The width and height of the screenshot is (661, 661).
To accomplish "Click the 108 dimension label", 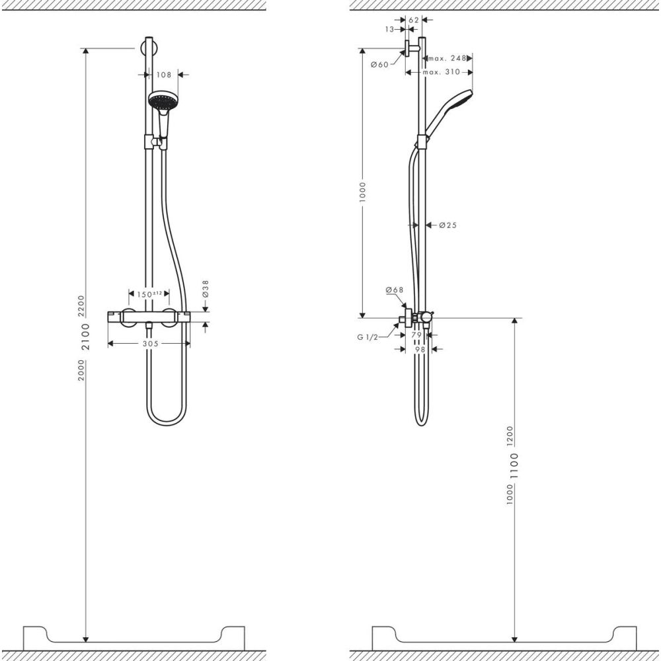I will click(165, 75).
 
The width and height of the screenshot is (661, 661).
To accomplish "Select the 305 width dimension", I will click(149, 343).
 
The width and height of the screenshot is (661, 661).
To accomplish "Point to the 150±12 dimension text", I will click(149, 293).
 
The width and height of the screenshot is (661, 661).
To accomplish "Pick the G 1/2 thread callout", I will click(367, 337).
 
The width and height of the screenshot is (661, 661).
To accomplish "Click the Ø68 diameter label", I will click(395, 290).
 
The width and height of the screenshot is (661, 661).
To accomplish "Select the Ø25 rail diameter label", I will click(448, 225).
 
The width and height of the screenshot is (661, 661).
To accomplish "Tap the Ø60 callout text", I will click(379, 64).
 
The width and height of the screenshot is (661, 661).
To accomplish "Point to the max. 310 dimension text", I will click(441, 71).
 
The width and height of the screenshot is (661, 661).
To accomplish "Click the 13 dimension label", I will click(389, 29).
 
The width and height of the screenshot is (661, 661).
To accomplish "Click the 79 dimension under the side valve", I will click(416, 335).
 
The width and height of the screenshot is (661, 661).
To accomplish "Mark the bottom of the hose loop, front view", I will click(165, 422).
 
